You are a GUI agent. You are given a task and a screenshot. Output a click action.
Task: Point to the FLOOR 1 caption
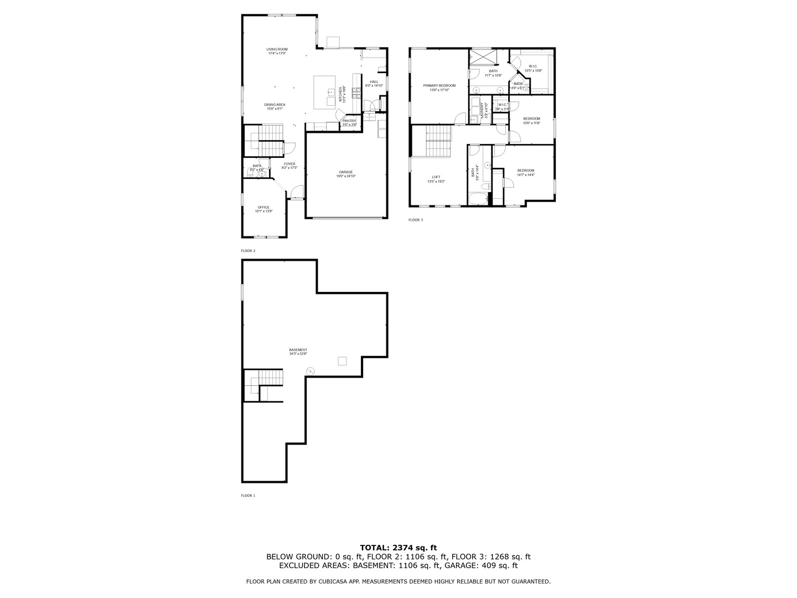(248, 496)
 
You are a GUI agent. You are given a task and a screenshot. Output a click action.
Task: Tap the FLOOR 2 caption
(248, 251)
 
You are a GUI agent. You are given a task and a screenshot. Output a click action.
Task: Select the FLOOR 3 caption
(416, 220)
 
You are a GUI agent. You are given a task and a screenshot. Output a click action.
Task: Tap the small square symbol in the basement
(342, 361)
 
